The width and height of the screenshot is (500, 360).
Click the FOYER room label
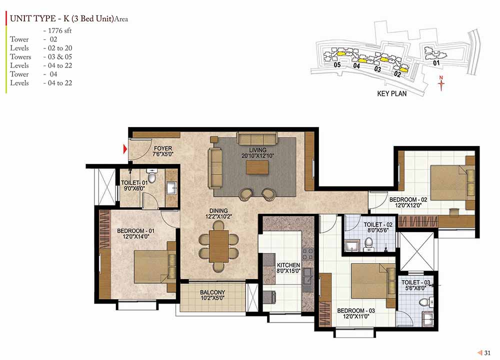[163, 148]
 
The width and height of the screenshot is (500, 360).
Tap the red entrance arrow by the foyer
[125, 148]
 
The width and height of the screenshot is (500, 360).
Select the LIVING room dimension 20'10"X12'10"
[257, 156]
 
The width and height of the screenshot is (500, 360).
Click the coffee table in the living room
[257, 167]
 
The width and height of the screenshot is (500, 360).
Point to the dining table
[219, 246]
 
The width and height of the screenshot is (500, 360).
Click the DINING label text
[218, 211]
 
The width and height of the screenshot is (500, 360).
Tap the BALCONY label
[212, 292]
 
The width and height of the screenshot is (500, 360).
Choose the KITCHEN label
[288, 265]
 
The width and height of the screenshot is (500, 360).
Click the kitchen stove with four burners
[307, 254]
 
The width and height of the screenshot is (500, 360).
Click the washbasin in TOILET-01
[172, 188]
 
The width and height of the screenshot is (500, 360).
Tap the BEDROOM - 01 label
[135, 230]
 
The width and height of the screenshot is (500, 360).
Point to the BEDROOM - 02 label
[408, 199]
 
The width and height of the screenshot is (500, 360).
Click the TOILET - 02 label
[378, 224]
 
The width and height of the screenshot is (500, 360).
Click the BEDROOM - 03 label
[356, 310]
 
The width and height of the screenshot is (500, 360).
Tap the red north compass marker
[441, 83]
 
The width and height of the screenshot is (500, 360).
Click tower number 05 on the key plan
[337, 65]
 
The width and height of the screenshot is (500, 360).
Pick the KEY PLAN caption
[392, 93]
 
